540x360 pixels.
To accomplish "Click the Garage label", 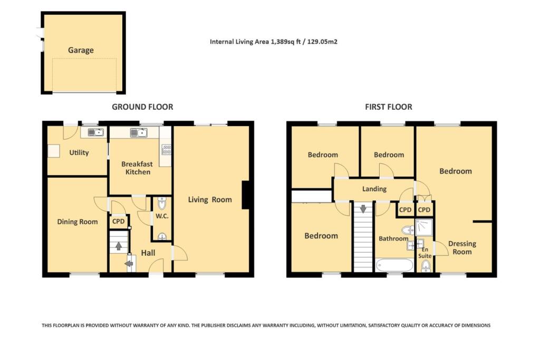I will pos(81,51).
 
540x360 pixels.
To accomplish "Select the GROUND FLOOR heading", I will pos(142,107).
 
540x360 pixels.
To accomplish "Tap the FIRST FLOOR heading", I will pos(389,107).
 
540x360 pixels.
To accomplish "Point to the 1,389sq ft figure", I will pos(290,41).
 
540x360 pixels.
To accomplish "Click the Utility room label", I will pos(79,153).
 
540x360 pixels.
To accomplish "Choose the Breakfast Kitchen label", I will pos(138,168).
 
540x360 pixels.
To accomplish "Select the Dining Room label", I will pos(78,222).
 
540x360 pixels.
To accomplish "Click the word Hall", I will pos(148,254).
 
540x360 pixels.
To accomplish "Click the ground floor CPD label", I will pos(119,221).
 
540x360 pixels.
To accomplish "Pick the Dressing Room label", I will pos(462,248).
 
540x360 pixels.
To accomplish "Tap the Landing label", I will pos(374,189).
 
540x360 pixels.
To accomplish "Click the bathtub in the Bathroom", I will pos(394,265).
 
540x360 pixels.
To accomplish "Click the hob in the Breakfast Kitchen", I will pos(166,149).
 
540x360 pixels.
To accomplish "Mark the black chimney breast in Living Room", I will pos(245,196).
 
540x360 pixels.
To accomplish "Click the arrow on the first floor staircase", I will pos(363,209).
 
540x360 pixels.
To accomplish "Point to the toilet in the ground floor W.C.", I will pos(161,203).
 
